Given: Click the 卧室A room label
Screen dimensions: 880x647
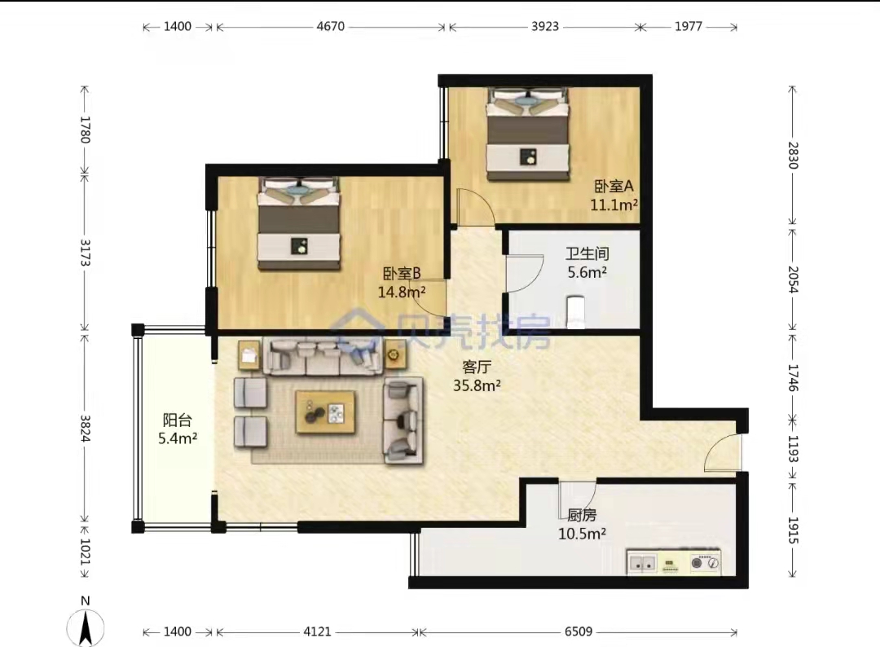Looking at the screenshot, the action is pos(614,186).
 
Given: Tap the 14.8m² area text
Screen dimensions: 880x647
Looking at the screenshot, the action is pos(401,293).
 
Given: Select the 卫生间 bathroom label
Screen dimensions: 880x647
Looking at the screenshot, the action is pos(587,253).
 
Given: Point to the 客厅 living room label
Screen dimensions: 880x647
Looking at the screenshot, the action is pos(477,367).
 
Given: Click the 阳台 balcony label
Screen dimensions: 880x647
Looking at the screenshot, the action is pos(178,420).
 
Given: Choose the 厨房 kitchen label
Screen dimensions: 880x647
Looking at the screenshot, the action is pos(582,514).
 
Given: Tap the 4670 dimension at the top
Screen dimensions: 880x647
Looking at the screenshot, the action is pos(331,26).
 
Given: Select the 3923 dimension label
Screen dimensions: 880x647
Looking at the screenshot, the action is pos(545,26).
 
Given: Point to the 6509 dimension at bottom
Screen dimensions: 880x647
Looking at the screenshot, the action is pos(578,632).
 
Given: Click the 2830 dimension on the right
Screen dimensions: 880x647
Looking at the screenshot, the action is pos(793,156).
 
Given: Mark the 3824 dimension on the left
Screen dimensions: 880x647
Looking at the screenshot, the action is pos(86,428).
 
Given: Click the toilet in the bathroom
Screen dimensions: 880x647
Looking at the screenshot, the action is pos(575,312).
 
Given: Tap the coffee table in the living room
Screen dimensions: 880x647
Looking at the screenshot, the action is pos(325,412).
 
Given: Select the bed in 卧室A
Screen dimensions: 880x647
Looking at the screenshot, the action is pos(527,134).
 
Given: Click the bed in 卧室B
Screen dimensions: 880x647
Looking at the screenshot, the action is pos(299,224).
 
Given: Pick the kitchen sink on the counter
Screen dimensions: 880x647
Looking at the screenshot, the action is pos(642,563).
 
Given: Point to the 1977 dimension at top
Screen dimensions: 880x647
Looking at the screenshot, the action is pos(688,26).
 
